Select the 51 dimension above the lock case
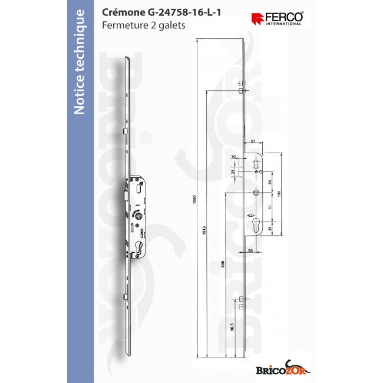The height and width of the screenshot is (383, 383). point(253,142)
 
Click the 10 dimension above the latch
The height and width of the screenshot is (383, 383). point(233,157)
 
